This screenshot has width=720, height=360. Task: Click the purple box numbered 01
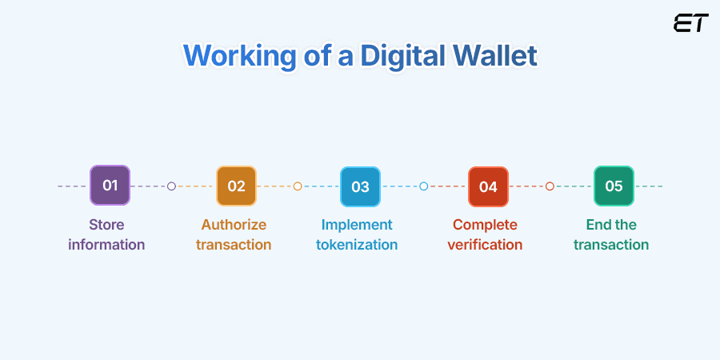tap(110, 186)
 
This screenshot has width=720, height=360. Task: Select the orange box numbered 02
tap(236, 186)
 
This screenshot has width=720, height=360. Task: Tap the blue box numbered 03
tap(360, 186)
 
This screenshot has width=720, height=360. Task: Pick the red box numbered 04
tap(488, 186)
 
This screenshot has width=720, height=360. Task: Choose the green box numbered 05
tap(614, 186)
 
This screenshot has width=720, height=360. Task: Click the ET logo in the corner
tap(690, 23)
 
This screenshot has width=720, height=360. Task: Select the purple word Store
tap(106, 225)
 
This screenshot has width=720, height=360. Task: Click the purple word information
tap(106, 245)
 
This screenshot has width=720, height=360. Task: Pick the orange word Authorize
tap(234, 225)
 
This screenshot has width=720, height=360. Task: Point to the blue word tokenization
tap(357, 245)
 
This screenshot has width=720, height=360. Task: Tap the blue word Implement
tap(357, 225)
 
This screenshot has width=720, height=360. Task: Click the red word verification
tap(485, 245)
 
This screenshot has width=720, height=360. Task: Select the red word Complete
tap(485, 225)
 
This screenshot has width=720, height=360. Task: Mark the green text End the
tap(611, 225)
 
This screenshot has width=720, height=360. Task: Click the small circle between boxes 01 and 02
tap(171, 186)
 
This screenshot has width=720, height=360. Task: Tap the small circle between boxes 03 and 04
tap(424, 186)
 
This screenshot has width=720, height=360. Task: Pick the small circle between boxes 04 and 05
tap(550, 186)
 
